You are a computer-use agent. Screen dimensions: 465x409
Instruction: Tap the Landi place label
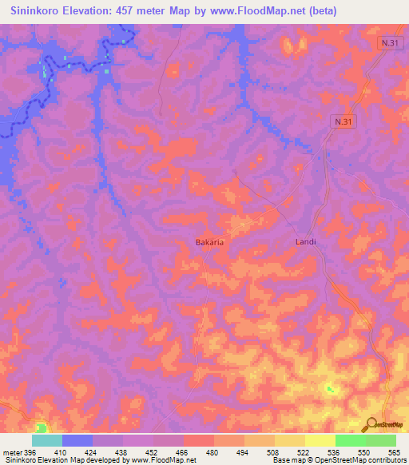(306, 241)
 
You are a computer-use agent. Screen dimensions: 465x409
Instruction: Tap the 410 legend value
(62, 451)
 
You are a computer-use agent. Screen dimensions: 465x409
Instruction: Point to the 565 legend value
(395, 451)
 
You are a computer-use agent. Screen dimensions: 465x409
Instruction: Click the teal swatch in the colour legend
(47, 440)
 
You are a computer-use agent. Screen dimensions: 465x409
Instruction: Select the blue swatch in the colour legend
(77, 440)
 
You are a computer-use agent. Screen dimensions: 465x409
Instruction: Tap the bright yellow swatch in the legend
(320, 440)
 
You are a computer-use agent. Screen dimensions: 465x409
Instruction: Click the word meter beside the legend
(11, 451)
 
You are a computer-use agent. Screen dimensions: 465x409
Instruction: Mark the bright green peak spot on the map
(329, 388)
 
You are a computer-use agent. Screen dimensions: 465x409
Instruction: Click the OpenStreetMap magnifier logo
(370, 423)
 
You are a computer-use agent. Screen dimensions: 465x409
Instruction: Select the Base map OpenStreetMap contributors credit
(340, 460)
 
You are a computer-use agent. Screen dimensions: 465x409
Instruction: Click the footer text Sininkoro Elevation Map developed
(60, 460)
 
